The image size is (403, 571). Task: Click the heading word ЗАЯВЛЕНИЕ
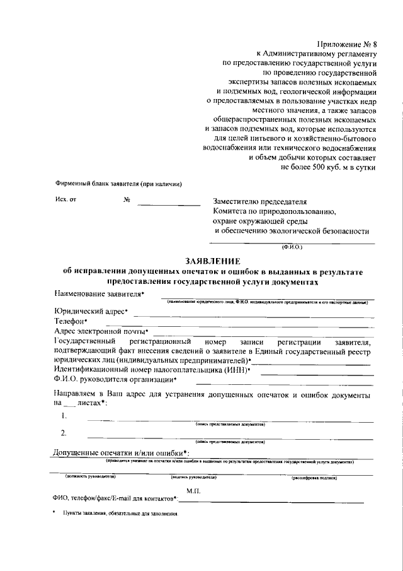[x=212, y=261]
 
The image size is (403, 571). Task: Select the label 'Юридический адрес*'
[x=91, y=311]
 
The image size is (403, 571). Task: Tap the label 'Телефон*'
[x=71, y=321]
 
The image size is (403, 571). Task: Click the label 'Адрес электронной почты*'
[x=101, y=331]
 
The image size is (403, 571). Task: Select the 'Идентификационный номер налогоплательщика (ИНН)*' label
[x=152, y=370]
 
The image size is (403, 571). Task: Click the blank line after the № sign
[x=169, y=203]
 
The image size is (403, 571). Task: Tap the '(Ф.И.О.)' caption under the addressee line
[x=292, y=247]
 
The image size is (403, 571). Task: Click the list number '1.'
[x=64, y=416]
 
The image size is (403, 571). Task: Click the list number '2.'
[x=64, y=433]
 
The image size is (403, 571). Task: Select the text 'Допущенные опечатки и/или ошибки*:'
[x=121, y=453]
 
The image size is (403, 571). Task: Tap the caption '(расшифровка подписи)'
[x=314, y=477]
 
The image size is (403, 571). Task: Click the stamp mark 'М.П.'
[x=193, y=490]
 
